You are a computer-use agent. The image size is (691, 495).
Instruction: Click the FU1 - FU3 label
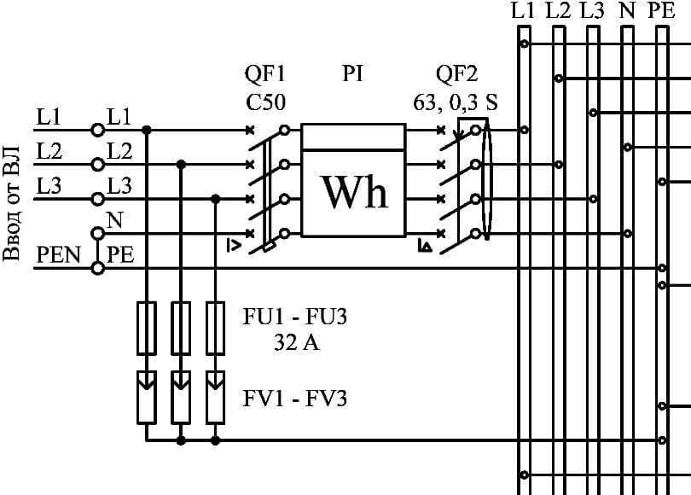(x=295, y=319)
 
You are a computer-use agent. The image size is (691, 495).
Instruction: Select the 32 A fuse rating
(x=295, y=345)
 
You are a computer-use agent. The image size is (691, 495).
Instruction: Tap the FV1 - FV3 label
(x=295, y=399)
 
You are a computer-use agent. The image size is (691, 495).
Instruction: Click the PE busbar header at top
(x=661, y=12)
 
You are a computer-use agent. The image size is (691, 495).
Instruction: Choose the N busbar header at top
(x=627, y=12)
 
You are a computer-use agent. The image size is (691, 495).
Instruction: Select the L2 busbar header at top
(x=558, y=12)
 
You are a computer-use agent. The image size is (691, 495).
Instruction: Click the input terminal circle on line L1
(x=98, y=130)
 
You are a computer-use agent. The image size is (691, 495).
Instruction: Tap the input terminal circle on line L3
(x=98, y=199)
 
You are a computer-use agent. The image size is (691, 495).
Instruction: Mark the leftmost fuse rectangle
(x=147, y=328)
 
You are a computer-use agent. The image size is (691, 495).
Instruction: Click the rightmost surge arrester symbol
(x=216, y=396)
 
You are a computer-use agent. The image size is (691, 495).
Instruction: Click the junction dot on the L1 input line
(x=147, y=130)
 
